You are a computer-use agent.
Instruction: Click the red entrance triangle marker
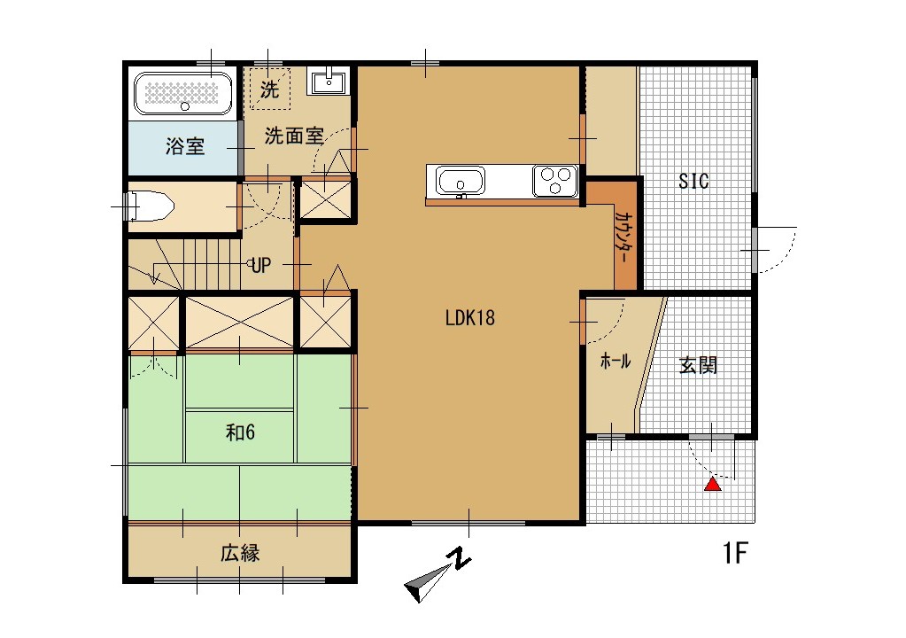point(712,484)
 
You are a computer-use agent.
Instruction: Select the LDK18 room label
point(469,318)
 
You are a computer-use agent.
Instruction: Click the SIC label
point(693,182)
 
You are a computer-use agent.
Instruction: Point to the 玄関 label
point(698,365)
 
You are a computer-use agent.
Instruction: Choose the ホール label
point(616,362)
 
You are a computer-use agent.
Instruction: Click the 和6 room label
point(240,432)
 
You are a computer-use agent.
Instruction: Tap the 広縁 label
point(239,554)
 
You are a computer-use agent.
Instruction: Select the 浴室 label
point(185,147)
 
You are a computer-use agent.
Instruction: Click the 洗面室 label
point(294,136)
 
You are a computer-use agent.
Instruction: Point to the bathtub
point(183,93)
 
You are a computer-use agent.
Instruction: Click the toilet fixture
point(150,207)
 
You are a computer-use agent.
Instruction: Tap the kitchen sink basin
point(458,183)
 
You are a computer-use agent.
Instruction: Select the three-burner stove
point(555,181)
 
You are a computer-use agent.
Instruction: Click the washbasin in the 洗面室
point(329,82)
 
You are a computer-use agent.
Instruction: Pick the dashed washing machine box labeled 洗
point(268,89)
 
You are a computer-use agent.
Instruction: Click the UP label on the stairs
point(260,264)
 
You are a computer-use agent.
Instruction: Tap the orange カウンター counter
point(623,234)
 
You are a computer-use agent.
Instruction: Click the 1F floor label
point(735,555)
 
